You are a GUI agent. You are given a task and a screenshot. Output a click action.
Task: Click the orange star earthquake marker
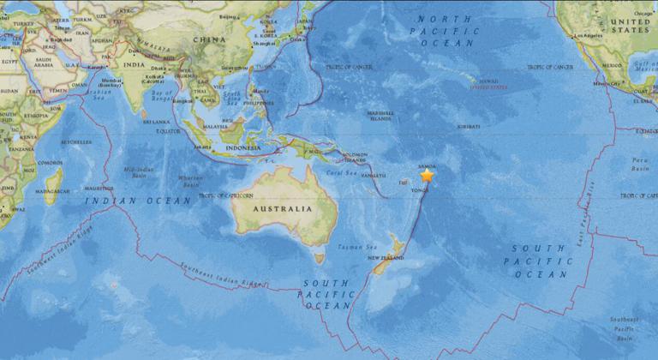click(x=427, y=175)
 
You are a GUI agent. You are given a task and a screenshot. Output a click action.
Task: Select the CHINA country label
click(x=209, y=39)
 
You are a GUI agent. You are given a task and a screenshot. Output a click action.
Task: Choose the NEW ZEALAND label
click(x=386, y=256)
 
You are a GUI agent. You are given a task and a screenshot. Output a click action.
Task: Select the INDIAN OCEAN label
click(x=138, y=201)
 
